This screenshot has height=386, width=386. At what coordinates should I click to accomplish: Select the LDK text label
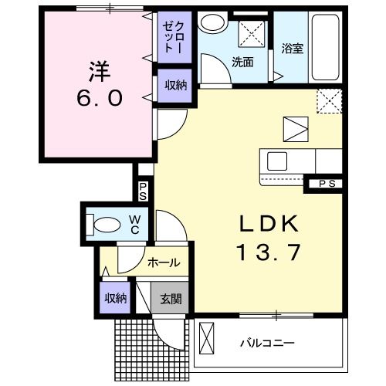point(267,224)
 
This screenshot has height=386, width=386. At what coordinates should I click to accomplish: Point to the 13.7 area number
point(267,252)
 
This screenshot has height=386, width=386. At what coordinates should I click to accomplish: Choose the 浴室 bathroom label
point(292,48)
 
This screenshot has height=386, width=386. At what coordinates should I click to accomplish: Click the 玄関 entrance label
point(171,298)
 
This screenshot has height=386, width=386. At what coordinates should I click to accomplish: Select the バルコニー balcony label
point(268,340)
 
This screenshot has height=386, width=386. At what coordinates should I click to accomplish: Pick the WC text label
point(133,224)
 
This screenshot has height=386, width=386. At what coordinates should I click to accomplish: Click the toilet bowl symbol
point(105,225)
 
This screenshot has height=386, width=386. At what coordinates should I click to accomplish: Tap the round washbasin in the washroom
point(209,22)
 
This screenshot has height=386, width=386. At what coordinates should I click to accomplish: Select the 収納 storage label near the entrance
point(115,298)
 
